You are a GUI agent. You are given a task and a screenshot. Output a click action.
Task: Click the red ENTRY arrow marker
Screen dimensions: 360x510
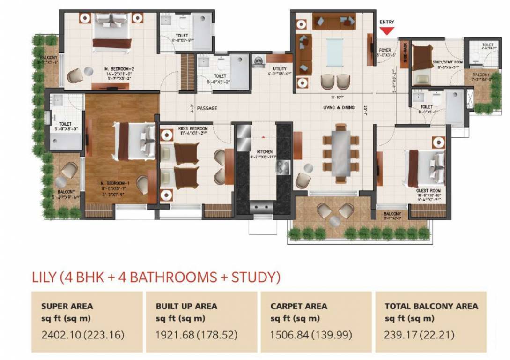click(x=387, y=31)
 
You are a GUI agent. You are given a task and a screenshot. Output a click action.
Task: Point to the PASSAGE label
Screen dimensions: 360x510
click(x=207, y=108)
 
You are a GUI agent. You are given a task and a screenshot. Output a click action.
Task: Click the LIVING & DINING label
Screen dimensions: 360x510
click(x=338, y=108)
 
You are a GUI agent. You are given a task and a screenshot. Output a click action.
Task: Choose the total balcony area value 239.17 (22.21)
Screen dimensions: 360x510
click(x=420, y=336)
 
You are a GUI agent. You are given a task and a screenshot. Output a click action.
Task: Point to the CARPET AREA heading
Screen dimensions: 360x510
click(x=299, y=306)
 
